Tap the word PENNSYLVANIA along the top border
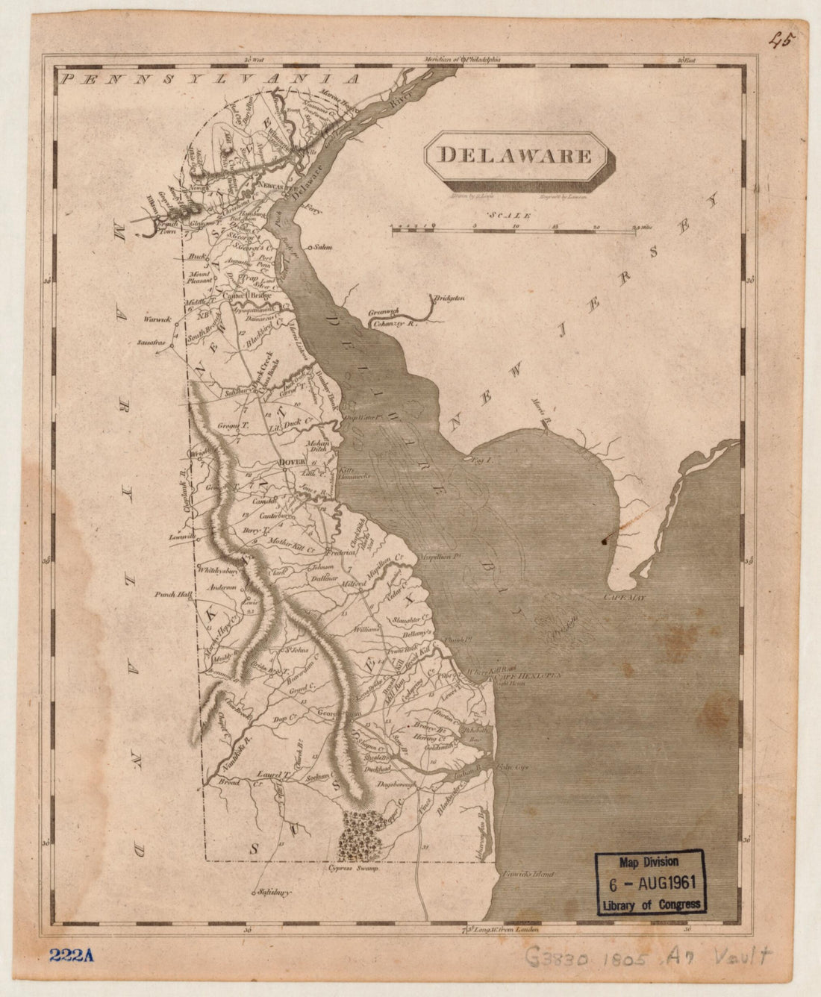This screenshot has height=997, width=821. (211, 78)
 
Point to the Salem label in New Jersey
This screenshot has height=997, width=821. (322, 246)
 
